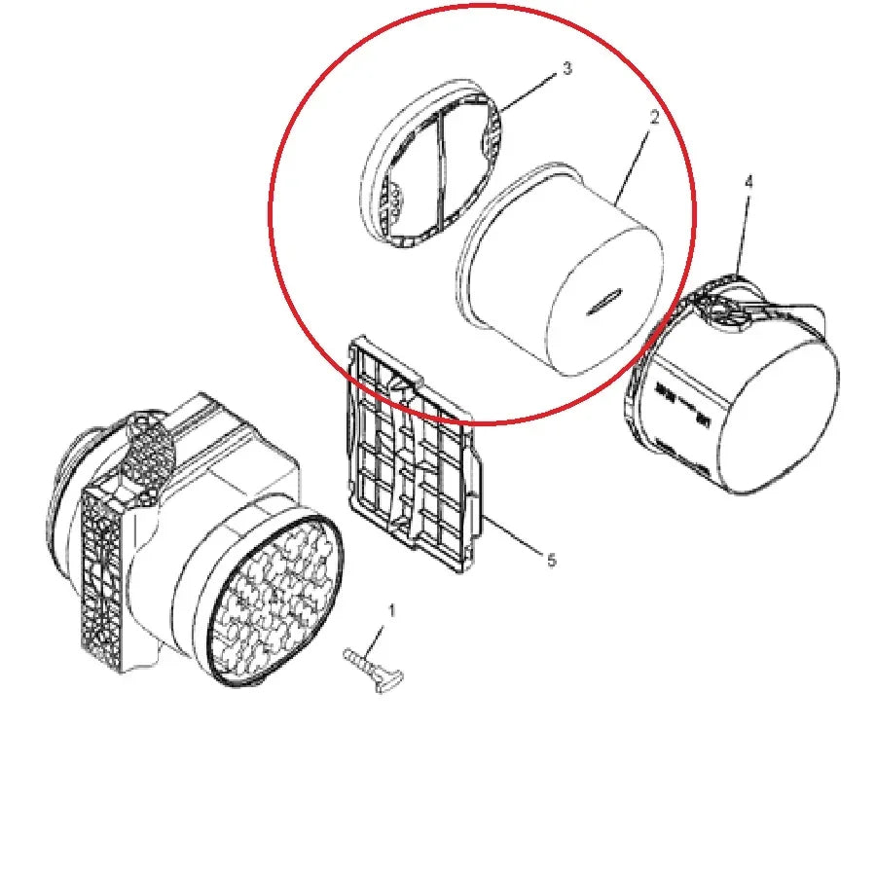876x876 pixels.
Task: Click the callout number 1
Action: [x=392, y=611]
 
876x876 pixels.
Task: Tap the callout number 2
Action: [x=654, y=118]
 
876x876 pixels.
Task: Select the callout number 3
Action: [x=566, y=69]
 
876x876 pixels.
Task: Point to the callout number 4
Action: [x=748, y=182]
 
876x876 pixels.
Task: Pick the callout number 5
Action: [x=551, y=560]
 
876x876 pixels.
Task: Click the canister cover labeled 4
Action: [x=740, y=389]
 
